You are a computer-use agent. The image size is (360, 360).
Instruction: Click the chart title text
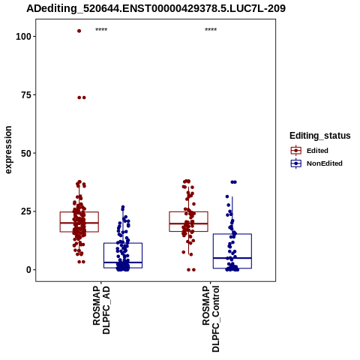(x=156, y=9)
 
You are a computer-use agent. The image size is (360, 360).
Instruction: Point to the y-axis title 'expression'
(x=8, y=150)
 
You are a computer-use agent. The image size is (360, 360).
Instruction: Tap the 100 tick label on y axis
(x=23, y=37)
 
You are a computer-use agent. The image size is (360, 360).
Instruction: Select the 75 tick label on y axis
(x=26, y=95)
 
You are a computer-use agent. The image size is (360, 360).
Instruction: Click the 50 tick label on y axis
(x=26, y=153)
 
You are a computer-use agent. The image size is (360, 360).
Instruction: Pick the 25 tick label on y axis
(x=26, y=211)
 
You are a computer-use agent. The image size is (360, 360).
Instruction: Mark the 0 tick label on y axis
(x=28, y=270)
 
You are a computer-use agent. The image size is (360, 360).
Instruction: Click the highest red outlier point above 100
(x=79, y=31)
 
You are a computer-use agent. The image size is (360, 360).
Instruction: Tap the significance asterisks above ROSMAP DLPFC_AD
(x=101, y=30)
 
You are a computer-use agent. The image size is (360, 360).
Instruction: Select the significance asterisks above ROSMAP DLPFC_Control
(x=211, y=30)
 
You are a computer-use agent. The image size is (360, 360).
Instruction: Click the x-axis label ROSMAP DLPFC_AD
(x=101, y=310)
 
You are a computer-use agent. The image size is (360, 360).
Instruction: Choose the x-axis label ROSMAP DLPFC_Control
(x=211, y=319)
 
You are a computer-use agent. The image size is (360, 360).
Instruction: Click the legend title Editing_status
(x=320, y=136)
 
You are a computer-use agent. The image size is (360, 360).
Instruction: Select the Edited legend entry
(x=310, y=151)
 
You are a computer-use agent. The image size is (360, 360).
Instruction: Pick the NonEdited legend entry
(x=316, y=163)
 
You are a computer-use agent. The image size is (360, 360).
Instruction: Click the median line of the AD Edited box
(x=79, y=223)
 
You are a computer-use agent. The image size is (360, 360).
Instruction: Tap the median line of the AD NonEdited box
(x=123, y=262)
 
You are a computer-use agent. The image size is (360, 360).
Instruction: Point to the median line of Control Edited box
(x=188, y=223)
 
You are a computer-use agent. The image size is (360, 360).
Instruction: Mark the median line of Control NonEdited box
(x=232, y=258)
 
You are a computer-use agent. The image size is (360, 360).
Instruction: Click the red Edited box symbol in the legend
(x=296, y=151)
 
